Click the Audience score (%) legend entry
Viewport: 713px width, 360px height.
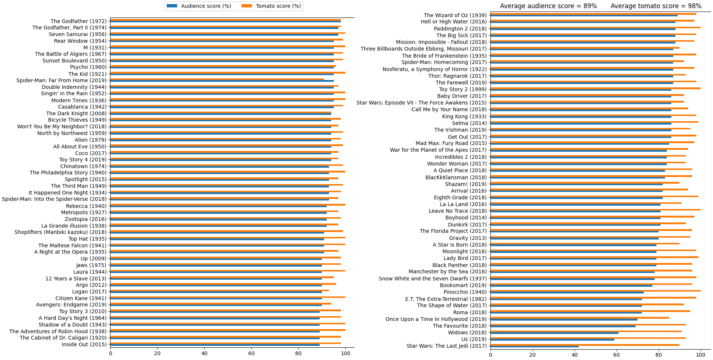pos(199,6)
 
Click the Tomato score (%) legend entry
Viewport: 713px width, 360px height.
pos(272,6)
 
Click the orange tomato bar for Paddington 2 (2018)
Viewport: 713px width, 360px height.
pos(595,28)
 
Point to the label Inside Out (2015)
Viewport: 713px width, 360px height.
pos(84,344)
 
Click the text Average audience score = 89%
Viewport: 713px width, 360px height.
pos(548,6)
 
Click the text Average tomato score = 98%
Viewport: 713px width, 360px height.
pos(656,6)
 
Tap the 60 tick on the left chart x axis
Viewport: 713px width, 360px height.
pos(251,353)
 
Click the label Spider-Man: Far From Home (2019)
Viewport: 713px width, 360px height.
pos(61,80)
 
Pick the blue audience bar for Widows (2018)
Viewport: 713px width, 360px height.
pos(554,333)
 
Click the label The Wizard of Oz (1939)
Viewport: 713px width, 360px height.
pos(455,15)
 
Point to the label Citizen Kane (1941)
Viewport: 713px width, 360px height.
pos(81,298)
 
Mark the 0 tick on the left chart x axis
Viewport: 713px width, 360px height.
pos(111,353)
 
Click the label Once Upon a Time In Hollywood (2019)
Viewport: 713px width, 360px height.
pos(436,319)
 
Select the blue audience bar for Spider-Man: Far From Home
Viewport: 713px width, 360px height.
pos(222,81)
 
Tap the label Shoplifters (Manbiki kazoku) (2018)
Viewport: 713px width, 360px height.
pos(60,232)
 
